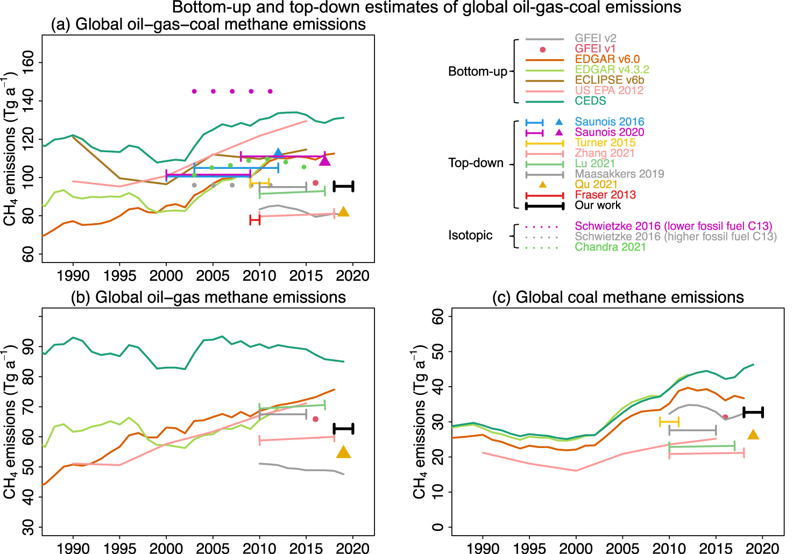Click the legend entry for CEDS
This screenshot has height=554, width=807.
pos(590,101)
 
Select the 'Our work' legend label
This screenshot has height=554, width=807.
pos(598,205)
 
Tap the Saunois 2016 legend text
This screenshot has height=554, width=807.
pos(609,122)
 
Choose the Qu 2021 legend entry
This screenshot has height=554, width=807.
pos(596,184)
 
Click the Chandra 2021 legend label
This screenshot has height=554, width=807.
pos(610,247)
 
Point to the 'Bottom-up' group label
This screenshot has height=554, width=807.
pos(478,72)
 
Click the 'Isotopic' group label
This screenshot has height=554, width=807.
pos(470,236)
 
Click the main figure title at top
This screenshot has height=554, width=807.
pos(426,8)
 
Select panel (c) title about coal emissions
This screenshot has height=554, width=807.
pos(618,297)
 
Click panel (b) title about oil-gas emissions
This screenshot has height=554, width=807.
pos(208,297)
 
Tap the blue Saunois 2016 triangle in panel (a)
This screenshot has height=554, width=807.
pos(278,153)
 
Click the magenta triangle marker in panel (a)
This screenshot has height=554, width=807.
pos(325,161)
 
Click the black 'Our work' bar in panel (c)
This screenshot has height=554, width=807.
pos(753,413)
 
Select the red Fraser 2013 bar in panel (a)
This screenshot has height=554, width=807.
pos(255,219)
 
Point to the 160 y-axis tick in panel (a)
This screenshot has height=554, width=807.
pos(27,62)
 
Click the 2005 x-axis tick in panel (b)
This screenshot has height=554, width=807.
pos(213,548)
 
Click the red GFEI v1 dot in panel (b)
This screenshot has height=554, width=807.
pos(315,419)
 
